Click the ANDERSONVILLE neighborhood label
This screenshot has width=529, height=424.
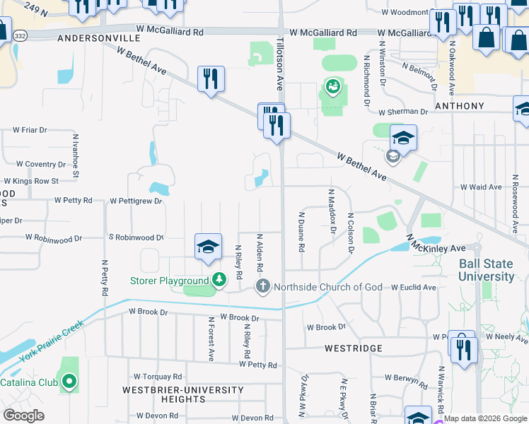[93, 38]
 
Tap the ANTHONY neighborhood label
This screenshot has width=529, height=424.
[460, 106]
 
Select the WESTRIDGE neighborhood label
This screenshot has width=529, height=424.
[354, 348]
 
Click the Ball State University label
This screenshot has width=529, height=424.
[487, 269]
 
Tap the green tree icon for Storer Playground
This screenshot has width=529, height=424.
[219, 281]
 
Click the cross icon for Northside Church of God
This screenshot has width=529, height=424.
[262, 286]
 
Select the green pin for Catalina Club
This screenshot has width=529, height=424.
[69, 382]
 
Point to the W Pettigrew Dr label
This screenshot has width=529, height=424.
[136, 201]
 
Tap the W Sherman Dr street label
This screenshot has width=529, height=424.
[403, 112]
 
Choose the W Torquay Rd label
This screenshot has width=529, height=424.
[158, 377]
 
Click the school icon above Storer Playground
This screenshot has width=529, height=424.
[209, 247]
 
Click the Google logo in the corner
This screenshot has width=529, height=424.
[23, 415]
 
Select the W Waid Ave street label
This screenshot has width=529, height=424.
[481, 187]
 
